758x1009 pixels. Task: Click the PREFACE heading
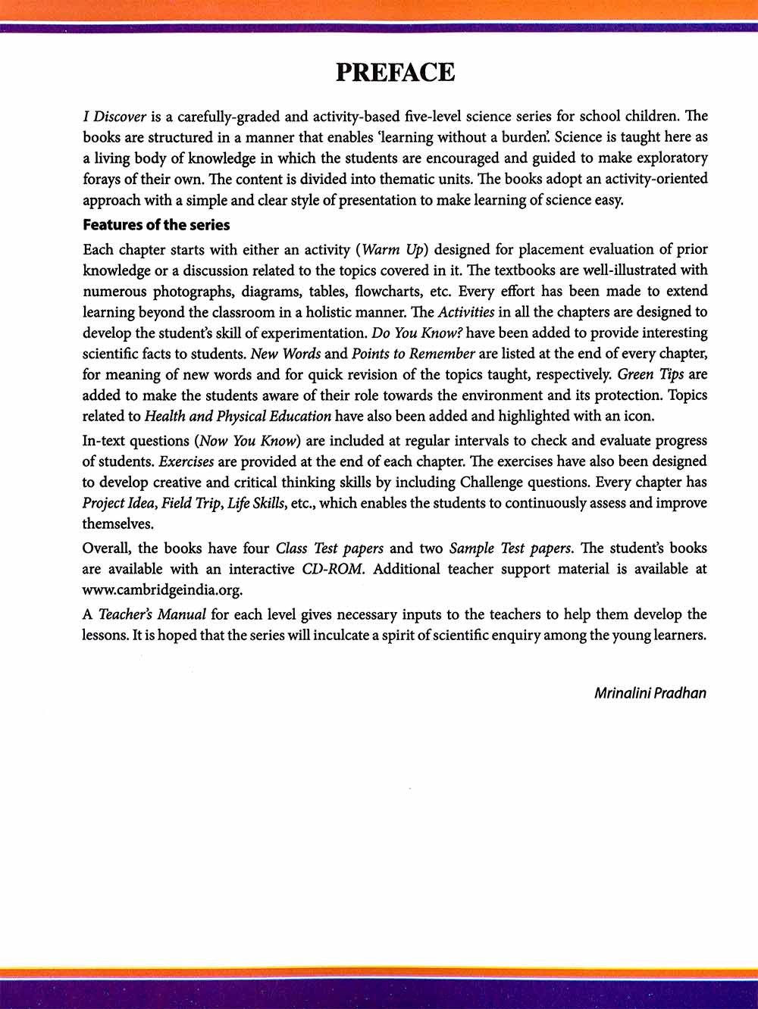pos(395,73)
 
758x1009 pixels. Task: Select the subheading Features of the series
pos(156,225)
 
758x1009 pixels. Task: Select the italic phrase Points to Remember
pos(413,354)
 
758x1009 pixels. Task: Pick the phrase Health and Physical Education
pos(237,416)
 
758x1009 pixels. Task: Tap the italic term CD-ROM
pos(333,569)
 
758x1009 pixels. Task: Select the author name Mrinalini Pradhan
pos(650,692)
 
